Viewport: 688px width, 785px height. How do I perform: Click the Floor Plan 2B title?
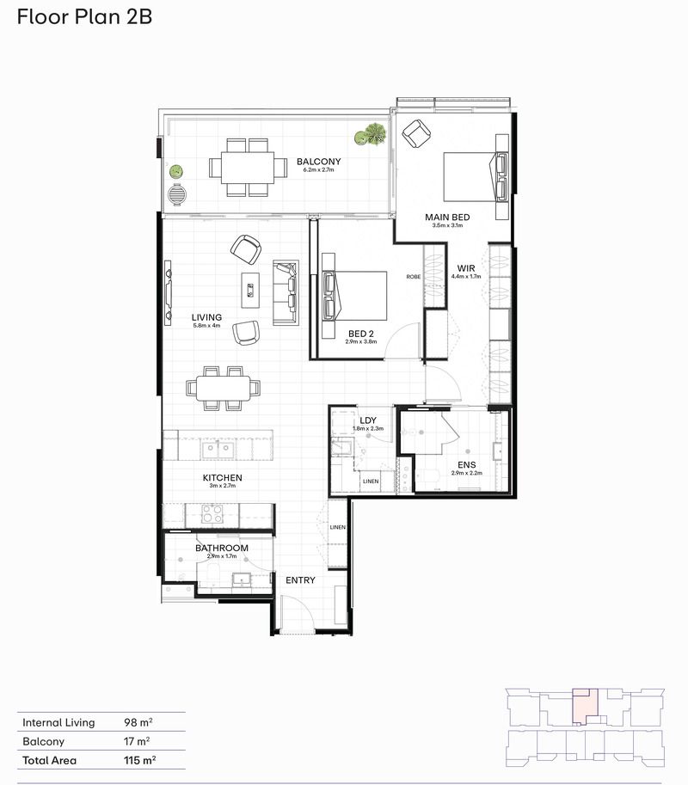click(84, 16)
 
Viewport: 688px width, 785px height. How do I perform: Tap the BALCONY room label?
click(318, 162)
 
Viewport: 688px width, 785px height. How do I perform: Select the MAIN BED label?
click(444, 217)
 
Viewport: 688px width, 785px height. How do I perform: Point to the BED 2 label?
click(361, 333)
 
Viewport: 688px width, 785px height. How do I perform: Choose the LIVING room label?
click(206, 317)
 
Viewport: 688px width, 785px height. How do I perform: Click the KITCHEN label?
click(222, 477)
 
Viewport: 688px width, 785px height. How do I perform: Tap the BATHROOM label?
click(221, 548)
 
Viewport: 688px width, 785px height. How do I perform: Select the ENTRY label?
click(300, 580)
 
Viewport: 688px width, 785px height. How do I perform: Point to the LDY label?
click(368, 420)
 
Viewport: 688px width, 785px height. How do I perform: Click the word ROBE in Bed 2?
click(414, 277)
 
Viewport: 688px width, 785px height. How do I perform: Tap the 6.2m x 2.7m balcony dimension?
click(318, 170)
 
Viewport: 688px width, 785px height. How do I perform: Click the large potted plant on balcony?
click(372, 134)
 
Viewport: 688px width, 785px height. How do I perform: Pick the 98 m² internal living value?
click(137, 722)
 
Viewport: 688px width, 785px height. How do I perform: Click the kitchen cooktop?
click(212, 514)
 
